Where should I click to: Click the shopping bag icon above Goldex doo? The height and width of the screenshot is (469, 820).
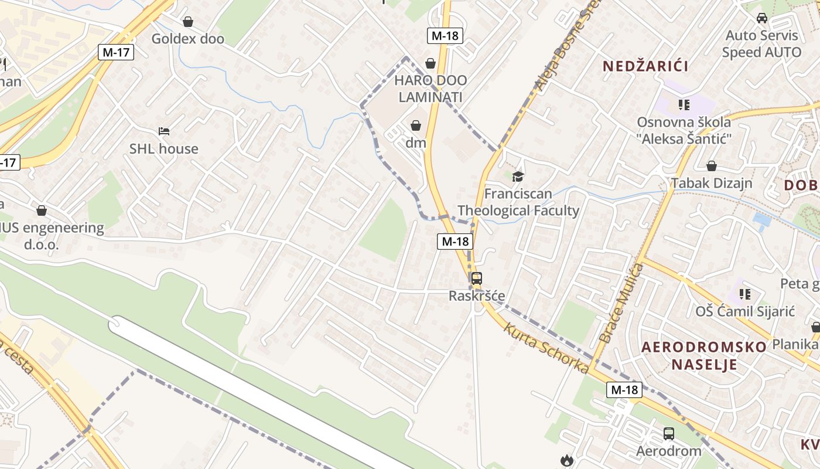[188, 22]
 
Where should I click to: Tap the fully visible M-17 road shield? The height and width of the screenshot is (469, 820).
[116, 52]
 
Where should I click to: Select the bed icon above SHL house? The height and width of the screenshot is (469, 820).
[164, 131]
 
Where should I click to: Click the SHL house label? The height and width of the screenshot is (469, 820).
[164, 149]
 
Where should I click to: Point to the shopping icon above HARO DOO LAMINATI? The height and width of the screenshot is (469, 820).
[430, 63]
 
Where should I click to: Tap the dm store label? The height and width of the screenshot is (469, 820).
[416, 142]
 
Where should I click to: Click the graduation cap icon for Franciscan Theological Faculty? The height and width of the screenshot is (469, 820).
[518, 176]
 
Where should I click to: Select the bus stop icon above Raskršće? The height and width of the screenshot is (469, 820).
[477, 278]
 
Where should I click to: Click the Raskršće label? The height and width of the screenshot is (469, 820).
[477, 296]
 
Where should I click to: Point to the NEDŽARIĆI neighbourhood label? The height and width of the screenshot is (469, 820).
[645, 66]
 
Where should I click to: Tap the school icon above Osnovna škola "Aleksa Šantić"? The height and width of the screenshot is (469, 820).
[684, 105]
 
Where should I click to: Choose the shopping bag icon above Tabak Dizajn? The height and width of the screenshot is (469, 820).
[712, 166]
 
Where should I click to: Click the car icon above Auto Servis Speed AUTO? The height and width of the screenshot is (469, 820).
[762, 18]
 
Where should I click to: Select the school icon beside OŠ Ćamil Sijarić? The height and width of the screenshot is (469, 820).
[745, 293]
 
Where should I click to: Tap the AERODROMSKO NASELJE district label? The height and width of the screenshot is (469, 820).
[704, 355]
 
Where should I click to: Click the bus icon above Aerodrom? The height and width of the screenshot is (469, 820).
[669, 434]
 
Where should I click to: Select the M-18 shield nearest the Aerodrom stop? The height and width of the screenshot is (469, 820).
[625, 389]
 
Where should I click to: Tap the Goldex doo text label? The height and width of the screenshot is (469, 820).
[188, 39]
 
